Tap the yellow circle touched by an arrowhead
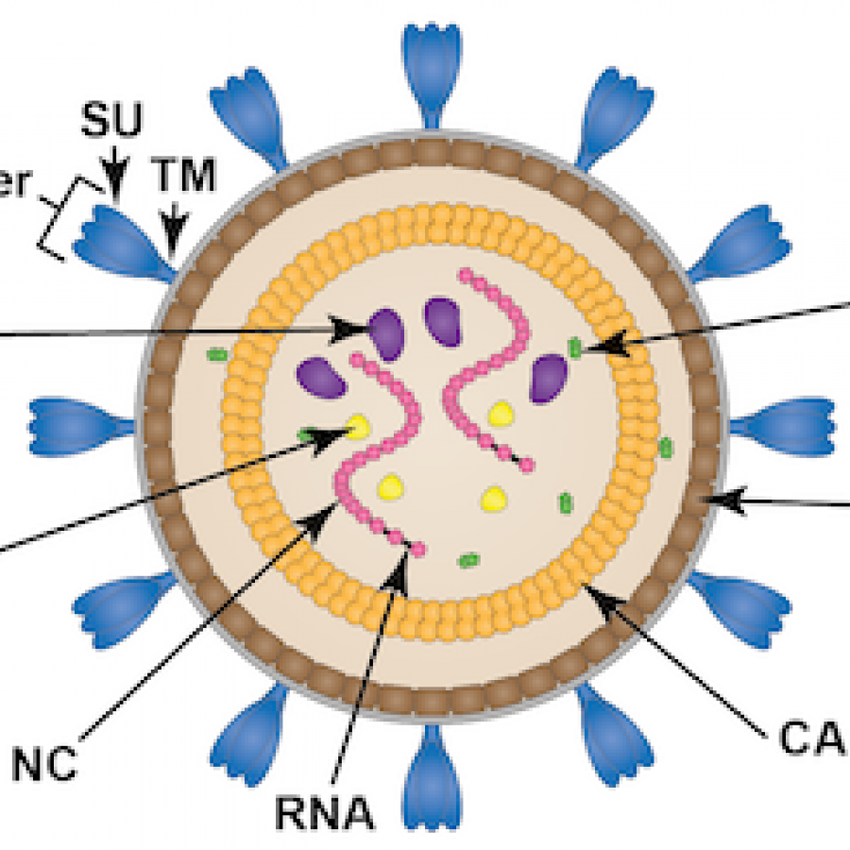tap(358, 428)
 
